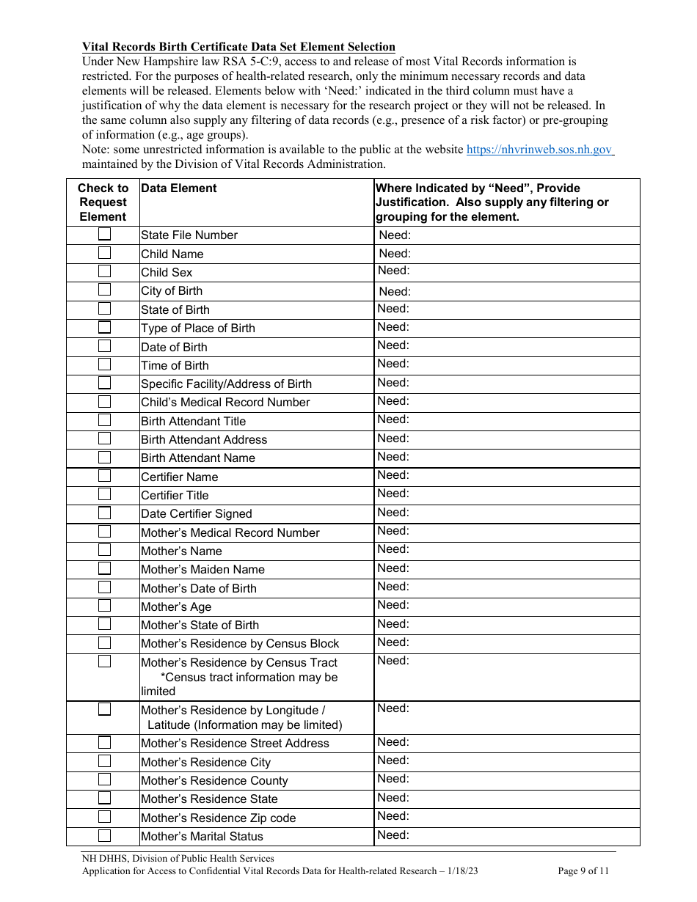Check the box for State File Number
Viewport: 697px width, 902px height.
pos(105,235)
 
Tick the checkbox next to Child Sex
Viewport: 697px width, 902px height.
pos(105,271)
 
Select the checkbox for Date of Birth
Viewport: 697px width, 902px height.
pos(105,346)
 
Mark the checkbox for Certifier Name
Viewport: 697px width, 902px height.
pos(105,476)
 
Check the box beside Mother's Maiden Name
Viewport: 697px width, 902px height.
pos(105,568)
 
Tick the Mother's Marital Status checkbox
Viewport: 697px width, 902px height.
pos(105,835)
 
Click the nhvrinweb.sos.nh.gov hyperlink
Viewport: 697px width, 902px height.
pos(539,149)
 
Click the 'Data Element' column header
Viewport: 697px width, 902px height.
pos(179,188)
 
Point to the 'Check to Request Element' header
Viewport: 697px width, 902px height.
pos(103,202)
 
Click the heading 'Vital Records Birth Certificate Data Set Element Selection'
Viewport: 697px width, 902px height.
pos(238,47)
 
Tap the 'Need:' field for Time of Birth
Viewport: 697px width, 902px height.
pos(506,364)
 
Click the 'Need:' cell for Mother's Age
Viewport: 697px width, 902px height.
pos(506,606)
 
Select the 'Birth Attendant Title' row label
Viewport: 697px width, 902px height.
pos(193,421)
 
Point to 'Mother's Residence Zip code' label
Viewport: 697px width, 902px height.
pos(219,818)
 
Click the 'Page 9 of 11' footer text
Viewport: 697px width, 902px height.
pos(583,871)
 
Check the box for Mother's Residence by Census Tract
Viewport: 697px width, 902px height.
pos(105,661)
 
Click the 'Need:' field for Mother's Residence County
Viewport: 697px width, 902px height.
pos(506,780)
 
